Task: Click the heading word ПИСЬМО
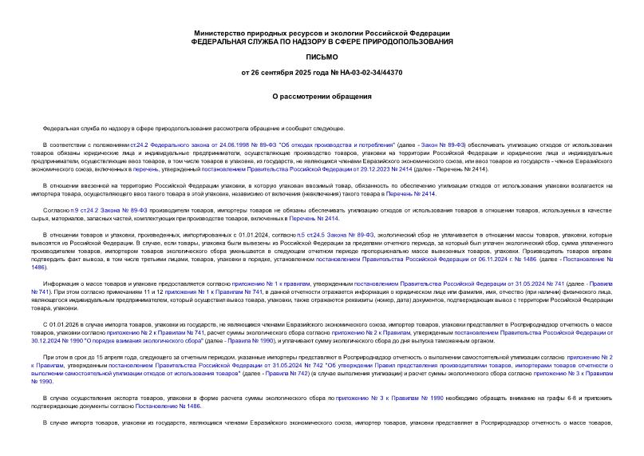point(322,57)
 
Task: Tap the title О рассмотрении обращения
point(322,97)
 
